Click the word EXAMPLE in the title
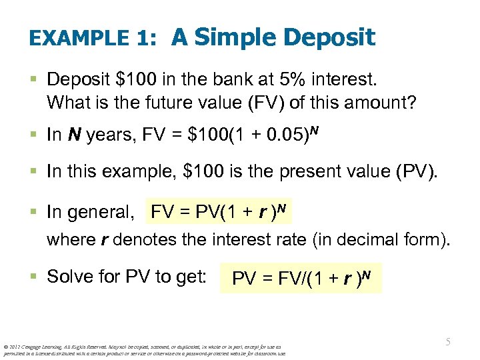click(79, 39)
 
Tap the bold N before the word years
click(74, 135)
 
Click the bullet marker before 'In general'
click(35, 213)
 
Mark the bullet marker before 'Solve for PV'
click(35, 277)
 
